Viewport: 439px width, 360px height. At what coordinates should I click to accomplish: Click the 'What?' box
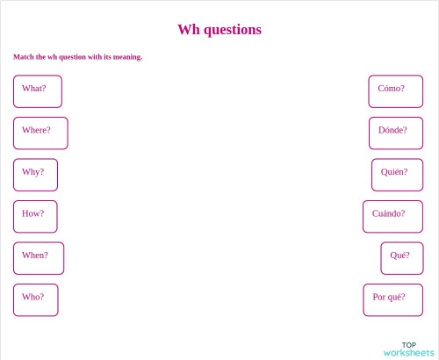(x=37, y=91)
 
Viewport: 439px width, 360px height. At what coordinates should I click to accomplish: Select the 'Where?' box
(x=40, y=133)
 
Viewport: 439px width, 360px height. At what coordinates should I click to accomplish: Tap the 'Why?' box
(x=35, y=175)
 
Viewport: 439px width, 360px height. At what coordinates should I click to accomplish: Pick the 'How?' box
(x=35, y=216)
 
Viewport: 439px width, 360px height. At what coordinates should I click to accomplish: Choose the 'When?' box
(x=38, y=258)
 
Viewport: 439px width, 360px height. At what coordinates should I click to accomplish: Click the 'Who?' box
(x=35, y=299)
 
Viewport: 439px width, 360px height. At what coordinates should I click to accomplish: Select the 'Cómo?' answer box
(x=395, y=91)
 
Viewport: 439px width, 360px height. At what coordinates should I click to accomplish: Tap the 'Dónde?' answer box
(x=395, y=133)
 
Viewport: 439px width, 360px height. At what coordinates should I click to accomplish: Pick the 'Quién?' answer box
(x=397, y=175)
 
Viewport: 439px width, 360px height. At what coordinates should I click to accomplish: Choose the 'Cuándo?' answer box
(x=392, y=216)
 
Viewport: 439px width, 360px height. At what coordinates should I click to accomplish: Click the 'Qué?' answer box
(x=401, y=258)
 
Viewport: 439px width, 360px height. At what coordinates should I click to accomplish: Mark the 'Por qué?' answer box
(x=392, y=299)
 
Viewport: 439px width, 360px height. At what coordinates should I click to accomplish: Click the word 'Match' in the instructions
(x=24, y=57)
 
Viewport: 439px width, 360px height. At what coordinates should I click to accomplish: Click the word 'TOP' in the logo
(x=409, y=345)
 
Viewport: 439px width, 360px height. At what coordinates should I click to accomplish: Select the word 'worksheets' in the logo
(x=409, y=353)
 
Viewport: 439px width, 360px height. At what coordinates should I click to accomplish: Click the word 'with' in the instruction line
(x=95, y=57)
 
